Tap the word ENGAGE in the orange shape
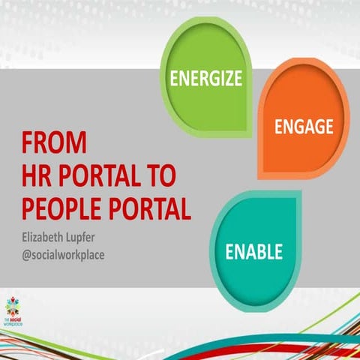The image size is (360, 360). click(304, 127)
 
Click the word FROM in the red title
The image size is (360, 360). click(54, 142)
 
